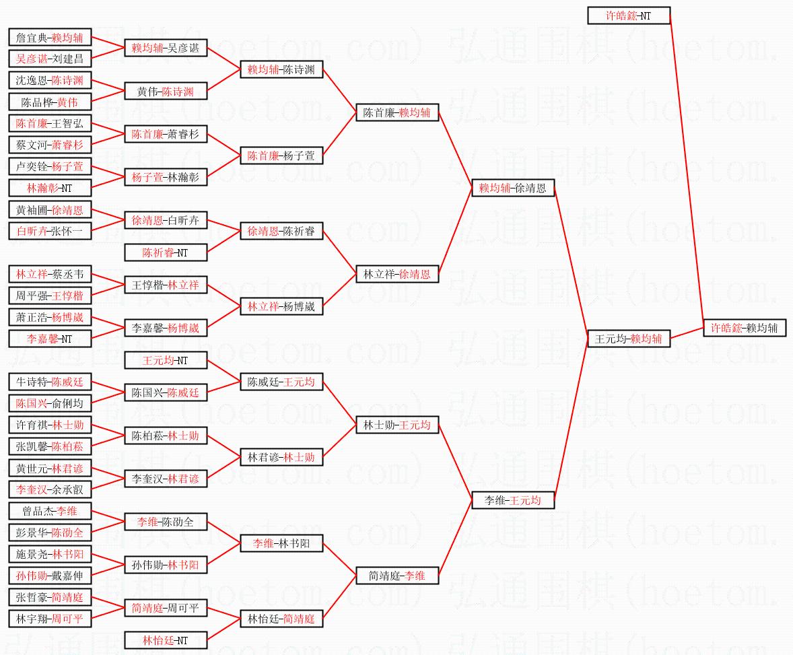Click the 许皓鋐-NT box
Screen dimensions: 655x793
pos(629,15)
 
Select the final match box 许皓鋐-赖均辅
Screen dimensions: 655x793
pos(744,328)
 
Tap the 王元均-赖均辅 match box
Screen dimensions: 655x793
pos(629,339)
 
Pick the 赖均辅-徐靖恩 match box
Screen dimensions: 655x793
pos(513,188)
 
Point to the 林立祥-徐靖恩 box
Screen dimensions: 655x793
pos(397,274)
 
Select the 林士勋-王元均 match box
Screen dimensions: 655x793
pos(397,425)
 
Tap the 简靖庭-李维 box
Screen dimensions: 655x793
pos(397,576)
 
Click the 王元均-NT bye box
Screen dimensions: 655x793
pos(166,361)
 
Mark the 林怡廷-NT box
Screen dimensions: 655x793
pos(166,640)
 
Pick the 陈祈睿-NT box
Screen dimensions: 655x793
pos(166,253)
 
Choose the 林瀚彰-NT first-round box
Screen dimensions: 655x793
pos(50,188)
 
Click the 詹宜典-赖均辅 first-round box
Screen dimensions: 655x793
pos(50,38)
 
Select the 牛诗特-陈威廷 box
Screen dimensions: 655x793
pos(50,382)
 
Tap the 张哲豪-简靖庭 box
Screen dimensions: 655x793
pos(50,597)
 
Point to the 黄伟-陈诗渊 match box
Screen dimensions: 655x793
pos(166,92)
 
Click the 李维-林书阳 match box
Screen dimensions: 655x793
pos(281,543)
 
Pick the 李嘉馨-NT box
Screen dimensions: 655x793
pos(50,339)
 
